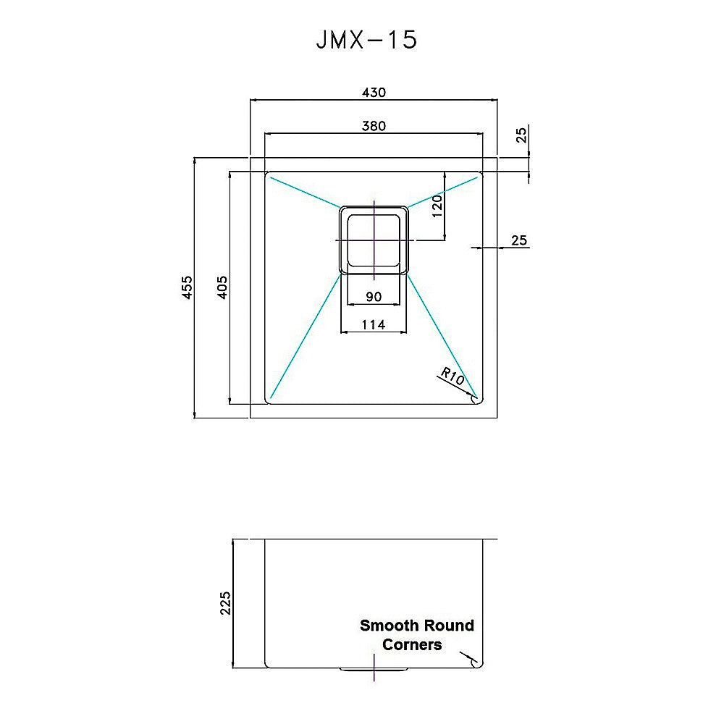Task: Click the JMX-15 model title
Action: click(x=366, y=40)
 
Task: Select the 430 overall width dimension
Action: click(x=374, y=92)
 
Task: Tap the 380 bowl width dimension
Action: click(x=374, y=125)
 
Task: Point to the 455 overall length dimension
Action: click(x=187, y=287)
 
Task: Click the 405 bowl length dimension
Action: click(x=222, y=287)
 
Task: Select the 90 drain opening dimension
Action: click(x=374, y=296)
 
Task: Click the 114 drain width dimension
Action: click(x=373, y=325)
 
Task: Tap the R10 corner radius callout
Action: click(x=451, y=375)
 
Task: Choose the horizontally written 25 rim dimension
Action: click(x=518, y=240)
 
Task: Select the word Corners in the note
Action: click(x=411, y=644)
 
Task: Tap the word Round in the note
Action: click(x=449, y=626)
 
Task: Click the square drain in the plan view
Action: click(x=374, y=240)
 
